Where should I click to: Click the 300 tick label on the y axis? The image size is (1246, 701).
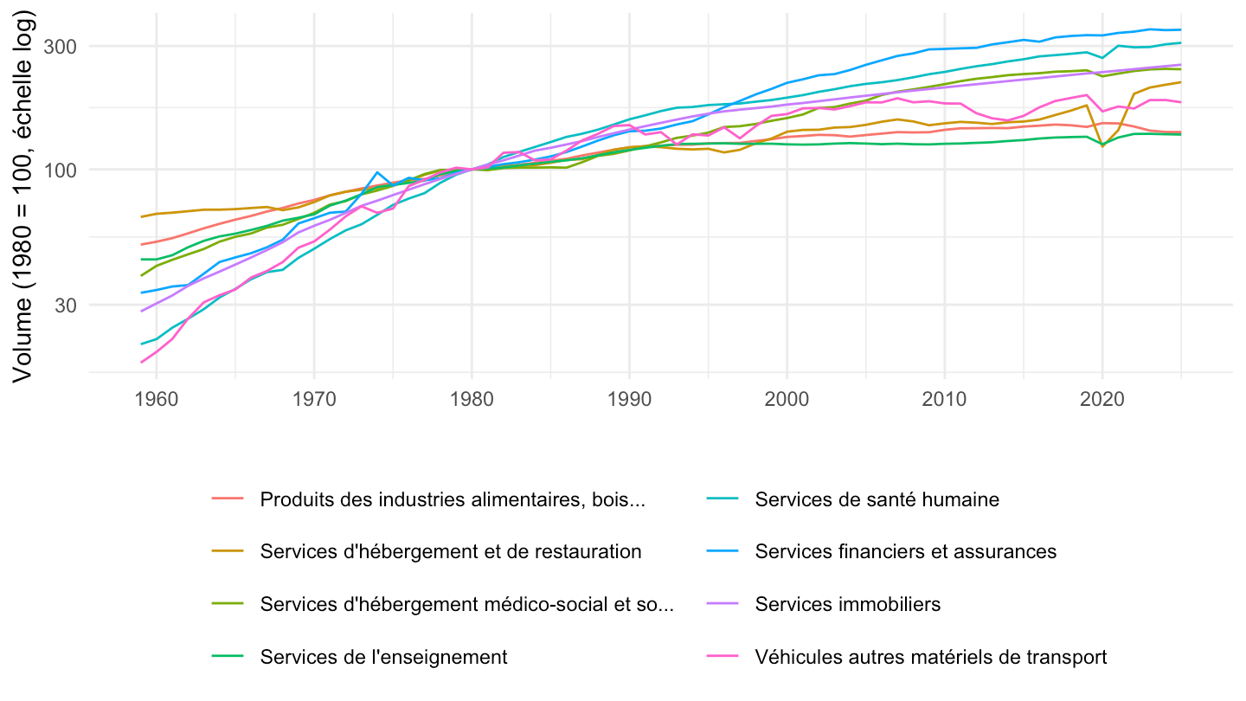pos(60,47)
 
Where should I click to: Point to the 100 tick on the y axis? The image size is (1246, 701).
pos(60,170)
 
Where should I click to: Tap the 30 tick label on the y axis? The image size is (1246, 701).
pos(66,305)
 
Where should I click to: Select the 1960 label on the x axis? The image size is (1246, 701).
pos(157,399)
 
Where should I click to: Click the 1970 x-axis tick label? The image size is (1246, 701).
pos(314,399)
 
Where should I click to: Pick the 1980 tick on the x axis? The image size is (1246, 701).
pos(472,399)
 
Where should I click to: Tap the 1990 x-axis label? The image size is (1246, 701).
pos(629,399)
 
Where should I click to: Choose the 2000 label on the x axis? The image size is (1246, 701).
pos(787,399)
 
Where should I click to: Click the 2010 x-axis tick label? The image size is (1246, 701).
pos(945,399)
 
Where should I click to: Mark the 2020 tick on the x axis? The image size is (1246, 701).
pos(1102,399)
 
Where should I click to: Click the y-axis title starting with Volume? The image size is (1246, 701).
pos(23,197)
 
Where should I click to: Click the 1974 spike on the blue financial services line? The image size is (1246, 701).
pos(377,172)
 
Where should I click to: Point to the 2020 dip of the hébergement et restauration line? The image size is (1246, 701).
pos(1102,146)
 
